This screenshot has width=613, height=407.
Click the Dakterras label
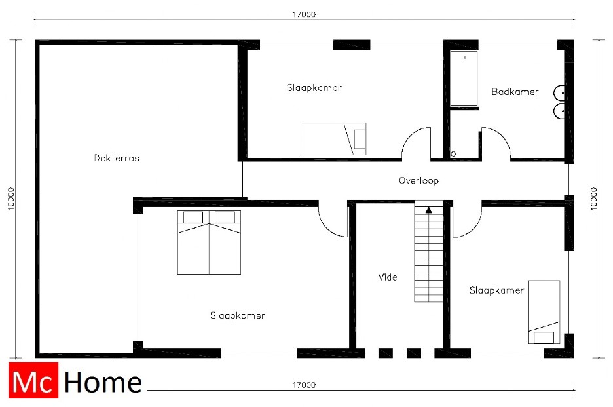117,158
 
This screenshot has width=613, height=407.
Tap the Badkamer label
515,92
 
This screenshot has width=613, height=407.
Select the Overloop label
418,180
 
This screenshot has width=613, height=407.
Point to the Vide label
388,277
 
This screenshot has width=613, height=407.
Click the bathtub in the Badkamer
464,78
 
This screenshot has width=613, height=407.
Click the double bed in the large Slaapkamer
209,242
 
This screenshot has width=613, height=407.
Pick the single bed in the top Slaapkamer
334,139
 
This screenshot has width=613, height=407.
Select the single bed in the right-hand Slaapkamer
544,312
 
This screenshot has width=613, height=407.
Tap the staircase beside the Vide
429,254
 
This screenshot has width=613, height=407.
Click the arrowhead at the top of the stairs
429,210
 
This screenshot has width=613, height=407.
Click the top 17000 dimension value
304,14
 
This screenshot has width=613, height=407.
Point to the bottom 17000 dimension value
304,385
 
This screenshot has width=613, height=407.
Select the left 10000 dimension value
11,199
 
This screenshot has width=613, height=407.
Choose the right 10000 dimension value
594,199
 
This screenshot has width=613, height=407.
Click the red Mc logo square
33,380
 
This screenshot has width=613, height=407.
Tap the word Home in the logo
103,382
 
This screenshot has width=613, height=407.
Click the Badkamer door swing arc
502,134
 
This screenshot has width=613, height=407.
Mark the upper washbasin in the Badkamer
559,93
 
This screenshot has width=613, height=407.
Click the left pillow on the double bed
193,217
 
